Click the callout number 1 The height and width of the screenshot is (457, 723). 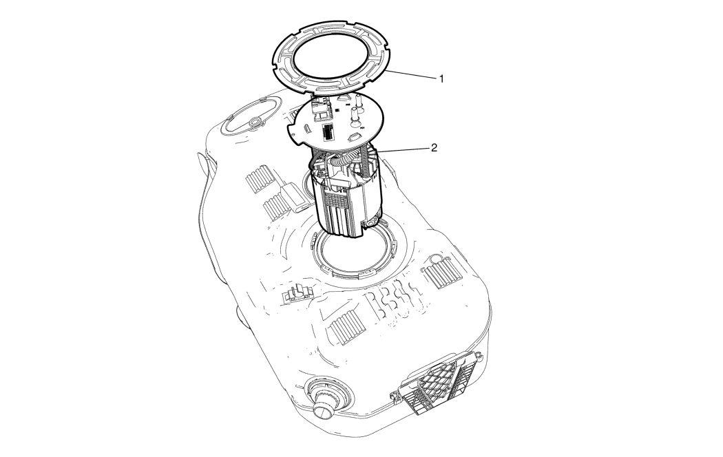pos(441,78)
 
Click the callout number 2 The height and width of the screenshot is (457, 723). pos(433,147)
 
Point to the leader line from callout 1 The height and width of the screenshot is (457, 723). pos(411,75)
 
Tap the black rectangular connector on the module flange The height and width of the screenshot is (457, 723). pos(328,132)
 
